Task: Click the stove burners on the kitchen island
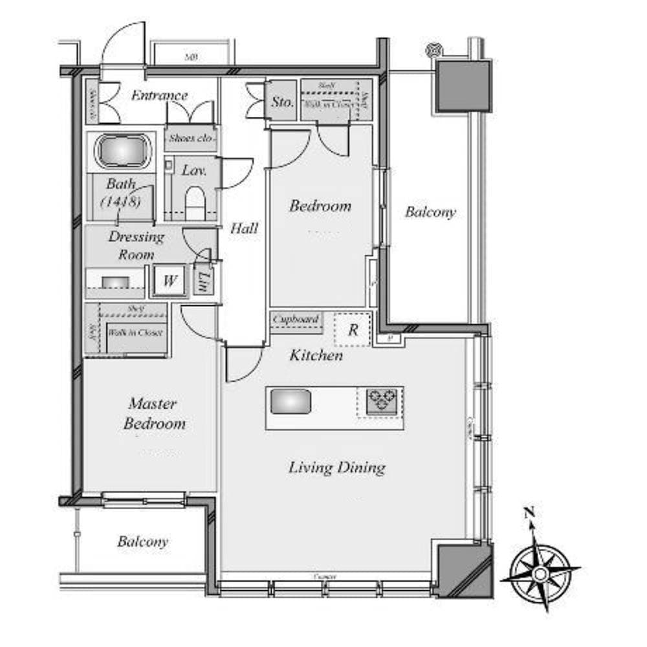380,401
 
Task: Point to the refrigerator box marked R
353,329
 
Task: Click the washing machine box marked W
170,281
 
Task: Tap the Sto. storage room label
281,102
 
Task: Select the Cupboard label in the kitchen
296,320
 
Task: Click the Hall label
244,228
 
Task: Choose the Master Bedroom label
153,414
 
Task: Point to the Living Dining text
336,467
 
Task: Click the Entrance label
159,96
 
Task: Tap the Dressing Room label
136,245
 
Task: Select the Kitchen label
316,355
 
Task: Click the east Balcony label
430,212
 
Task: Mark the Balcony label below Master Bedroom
142,542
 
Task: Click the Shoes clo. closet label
190,138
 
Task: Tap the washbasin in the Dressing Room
115,282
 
